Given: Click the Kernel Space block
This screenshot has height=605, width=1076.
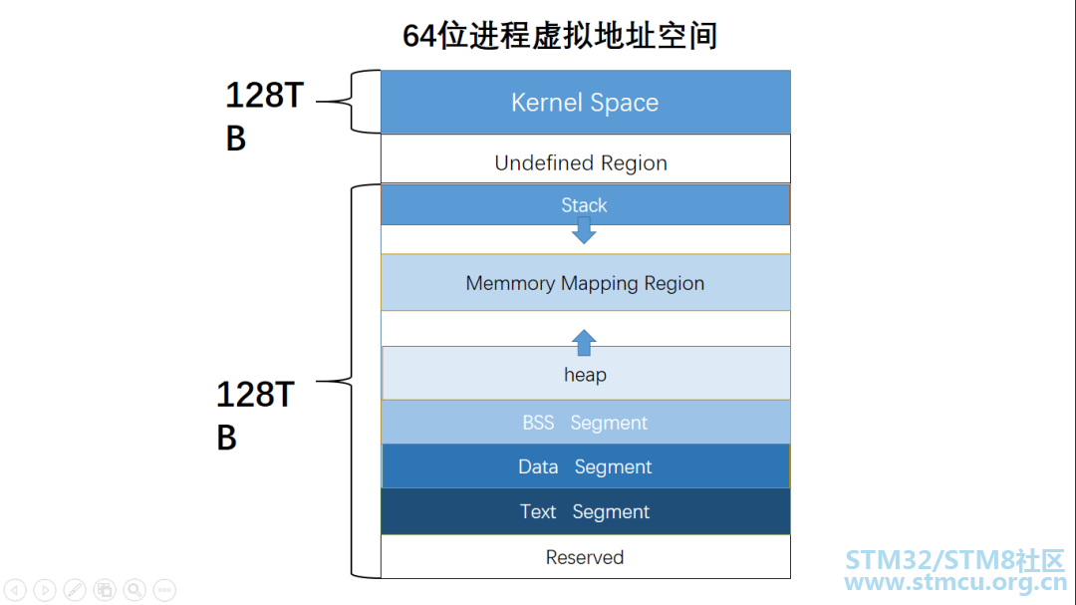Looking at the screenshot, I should click(x=585, y=102).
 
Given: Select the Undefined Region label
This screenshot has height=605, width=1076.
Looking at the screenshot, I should click(x=581, y=162).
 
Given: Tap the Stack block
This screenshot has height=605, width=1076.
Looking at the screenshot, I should click(x=584, y=204).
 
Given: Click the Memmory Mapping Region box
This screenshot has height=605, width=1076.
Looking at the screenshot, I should click(x=585, y=283).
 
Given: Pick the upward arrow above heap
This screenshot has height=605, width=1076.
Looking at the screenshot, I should click(x=584, y=342).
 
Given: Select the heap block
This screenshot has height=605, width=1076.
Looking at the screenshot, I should click(x=585, y=375).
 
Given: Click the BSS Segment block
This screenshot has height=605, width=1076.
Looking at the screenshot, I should click(x=585, y=423).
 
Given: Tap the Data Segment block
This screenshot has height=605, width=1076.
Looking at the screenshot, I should click(x=585, y=466).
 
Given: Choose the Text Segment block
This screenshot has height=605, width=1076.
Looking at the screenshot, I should click(x=585, y=511).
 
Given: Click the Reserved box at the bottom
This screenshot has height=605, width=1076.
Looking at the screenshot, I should click(x=585, y=557).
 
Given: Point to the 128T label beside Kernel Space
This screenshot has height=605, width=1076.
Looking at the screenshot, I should click(x=263, y=96).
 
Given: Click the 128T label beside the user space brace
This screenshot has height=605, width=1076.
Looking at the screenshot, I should click(x=255, y=396).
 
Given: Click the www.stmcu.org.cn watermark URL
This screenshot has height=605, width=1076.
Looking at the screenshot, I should click(x=953, y=583).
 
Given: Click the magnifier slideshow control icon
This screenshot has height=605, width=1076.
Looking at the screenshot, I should click(x=134, y=589).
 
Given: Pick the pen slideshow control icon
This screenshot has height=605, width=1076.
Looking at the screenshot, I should click(x=75, y=589).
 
